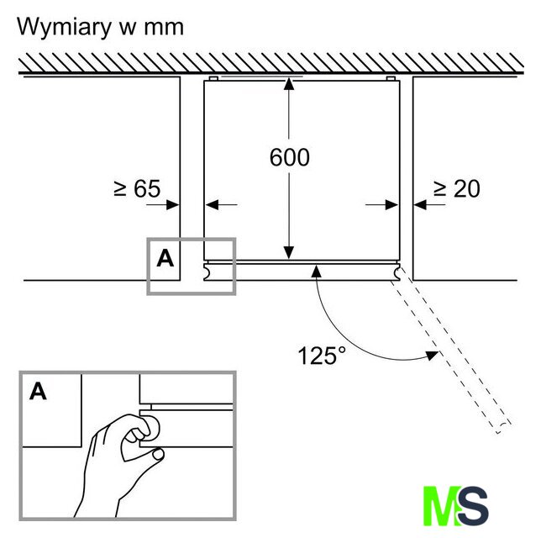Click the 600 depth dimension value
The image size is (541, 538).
[290, 157]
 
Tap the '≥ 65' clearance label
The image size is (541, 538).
[136, 188]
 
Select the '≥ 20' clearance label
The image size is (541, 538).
[456, 188]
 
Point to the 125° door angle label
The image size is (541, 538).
[322, 355]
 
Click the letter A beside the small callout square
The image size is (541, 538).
[165, 258]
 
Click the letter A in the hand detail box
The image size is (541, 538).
[38, 391]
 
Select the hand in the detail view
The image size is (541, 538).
[118, 458]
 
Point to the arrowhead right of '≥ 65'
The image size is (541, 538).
[174, 203]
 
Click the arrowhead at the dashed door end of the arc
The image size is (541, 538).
[433, 355]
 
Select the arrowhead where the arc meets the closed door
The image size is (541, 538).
[316, 270]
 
